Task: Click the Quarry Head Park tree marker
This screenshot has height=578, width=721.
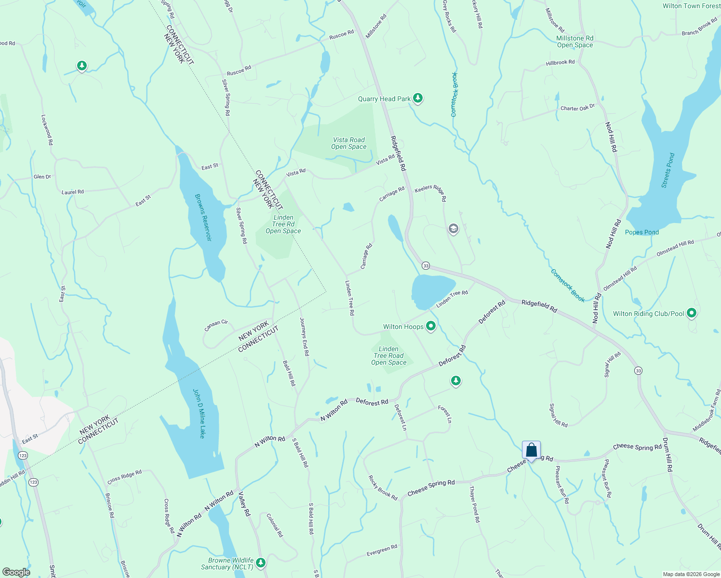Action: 418,98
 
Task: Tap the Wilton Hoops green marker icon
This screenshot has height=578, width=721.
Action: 431,327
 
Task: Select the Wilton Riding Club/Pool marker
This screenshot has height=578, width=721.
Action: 692,314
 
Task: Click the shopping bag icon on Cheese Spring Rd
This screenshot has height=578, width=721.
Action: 531,451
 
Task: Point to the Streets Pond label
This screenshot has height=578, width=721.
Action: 668,171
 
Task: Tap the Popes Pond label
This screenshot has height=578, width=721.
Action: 641,232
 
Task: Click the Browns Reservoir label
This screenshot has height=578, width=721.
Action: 203,217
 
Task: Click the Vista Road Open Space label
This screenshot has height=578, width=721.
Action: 349,143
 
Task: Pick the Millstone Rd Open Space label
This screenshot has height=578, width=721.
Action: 575,41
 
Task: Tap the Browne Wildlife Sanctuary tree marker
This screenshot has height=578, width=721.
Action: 261,562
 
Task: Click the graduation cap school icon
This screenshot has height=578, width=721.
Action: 453,229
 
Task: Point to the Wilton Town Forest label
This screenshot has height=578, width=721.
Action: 691,6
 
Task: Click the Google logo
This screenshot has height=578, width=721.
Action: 16,572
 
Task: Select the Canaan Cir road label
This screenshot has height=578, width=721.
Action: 216,326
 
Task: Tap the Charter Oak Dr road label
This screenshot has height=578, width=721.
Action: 577,107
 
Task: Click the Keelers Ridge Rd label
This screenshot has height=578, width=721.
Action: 431,193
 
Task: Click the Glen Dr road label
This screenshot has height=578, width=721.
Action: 42,177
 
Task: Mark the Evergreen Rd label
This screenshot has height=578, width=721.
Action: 382,550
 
